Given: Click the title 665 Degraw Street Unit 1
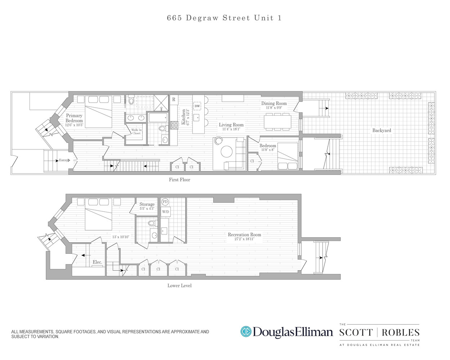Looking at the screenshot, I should coord(224,18).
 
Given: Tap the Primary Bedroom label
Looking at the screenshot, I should coord(74,118).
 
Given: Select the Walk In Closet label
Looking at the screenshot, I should coord(136,131).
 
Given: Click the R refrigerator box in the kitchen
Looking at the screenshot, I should coord(174,99).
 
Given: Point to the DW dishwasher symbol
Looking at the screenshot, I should coord(197,106).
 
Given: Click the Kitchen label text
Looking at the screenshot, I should coord(183,117).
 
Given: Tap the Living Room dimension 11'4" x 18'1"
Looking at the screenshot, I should coord(231,129).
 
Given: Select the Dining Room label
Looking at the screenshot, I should coord(274,103).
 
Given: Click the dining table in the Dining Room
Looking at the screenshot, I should coord(277,122).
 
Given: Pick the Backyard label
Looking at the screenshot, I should coord(382,130).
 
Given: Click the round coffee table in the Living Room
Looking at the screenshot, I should coord(227,152).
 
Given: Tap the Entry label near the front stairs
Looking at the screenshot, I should coord(64,160).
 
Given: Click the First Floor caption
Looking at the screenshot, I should coord(179,180).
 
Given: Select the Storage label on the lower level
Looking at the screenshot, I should coord(147,204).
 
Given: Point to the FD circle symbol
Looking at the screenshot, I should coord(165,202).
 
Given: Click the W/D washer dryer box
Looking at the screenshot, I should coord(165,212).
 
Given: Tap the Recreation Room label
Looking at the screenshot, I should coord(244,234).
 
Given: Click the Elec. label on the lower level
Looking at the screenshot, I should coord(97,262).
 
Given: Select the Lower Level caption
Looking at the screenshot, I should coord(179,285).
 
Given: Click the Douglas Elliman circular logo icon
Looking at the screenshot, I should coord(246,332).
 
